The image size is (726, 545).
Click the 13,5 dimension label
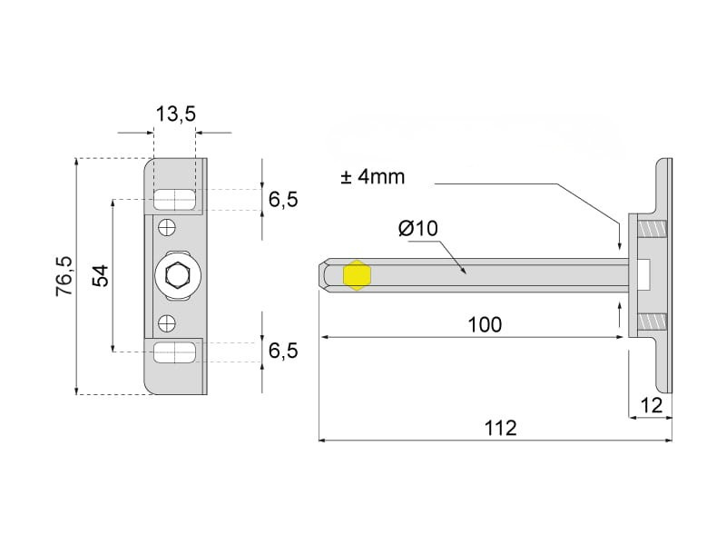tap(175, 114)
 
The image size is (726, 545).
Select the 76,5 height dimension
tap(64, 276)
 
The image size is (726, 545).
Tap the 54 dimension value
tap(100, 275)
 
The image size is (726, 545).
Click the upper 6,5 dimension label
tap(283, 200)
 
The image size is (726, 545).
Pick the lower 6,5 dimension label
tap(283, 351)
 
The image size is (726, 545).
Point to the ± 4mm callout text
tap(373, 177)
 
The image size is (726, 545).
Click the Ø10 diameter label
tap(417, 229)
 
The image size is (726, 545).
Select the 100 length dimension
tap(485, 325)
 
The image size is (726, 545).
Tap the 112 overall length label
tap(500, 428)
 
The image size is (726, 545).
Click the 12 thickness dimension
tap(651, 405)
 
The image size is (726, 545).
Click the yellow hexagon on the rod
tap(357, 275)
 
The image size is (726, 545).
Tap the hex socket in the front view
tap(177, 276)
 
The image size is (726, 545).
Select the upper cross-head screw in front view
tap(167, 228)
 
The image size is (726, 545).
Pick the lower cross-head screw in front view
tap(167, 323)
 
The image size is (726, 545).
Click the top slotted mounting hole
tap(174, 200)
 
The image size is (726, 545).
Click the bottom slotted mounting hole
tap(174, 352)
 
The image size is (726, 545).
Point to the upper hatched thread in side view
tap(652, 229)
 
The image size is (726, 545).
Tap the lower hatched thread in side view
tap(652, 322)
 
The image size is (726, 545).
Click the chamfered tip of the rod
tap(322, 275)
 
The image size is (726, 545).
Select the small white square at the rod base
tap(644, 274)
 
